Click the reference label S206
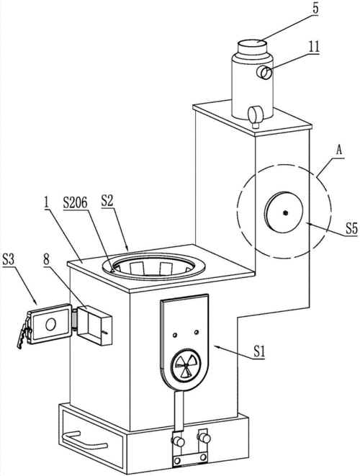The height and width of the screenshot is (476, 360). (76, 203)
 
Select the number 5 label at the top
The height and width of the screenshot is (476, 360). (315, 8)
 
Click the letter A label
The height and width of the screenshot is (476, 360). (339, 151)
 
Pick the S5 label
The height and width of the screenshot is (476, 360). (351, 229)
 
